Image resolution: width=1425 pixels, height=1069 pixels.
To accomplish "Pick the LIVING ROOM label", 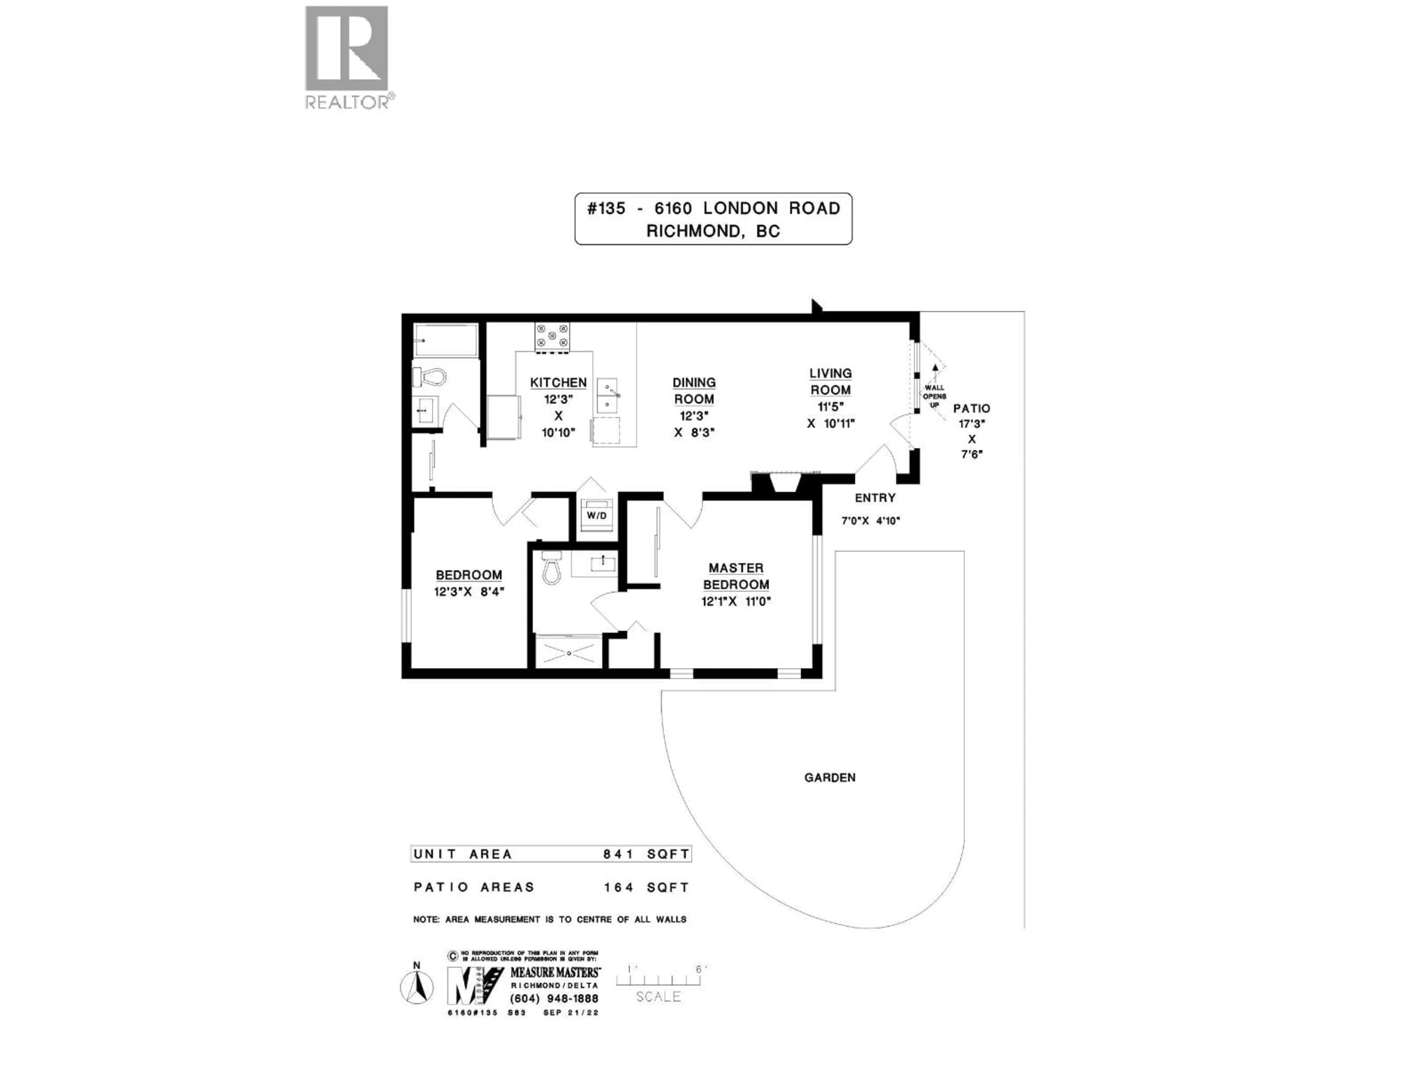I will pos(831,382).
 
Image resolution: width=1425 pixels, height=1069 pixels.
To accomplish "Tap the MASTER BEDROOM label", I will pos(736,576).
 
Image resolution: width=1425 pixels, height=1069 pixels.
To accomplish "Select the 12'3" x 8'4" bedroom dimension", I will pos(468,592).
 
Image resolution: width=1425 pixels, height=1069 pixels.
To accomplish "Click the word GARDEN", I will pos(830,778).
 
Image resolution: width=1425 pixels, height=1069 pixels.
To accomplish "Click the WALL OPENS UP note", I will pos(934,396).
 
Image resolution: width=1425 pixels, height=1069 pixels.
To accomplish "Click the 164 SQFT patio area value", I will pos(646,887).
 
